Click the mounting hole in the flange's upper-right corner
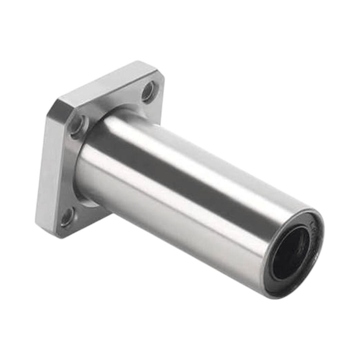148,91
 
